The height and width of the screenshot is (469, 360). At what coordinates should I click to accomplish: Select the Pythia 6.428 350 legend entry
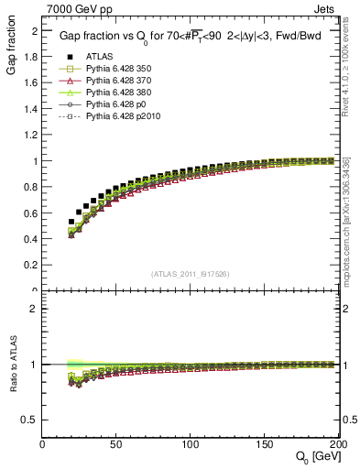(x=116, y=69)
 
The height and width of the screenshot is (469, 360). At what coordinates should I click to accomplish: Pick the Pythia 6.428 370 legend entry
(x=116, y=81)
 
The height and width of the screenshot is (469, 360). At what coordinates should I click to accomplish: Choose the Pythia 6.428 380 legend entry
(x=116, y=93)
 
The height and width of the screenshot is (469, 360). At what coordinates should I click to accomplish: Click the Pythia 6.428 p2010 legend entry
(x=119, y=117)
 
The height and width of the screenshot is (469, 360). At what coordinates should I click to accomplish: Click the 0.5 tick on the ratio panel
(x=32, y=420)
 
